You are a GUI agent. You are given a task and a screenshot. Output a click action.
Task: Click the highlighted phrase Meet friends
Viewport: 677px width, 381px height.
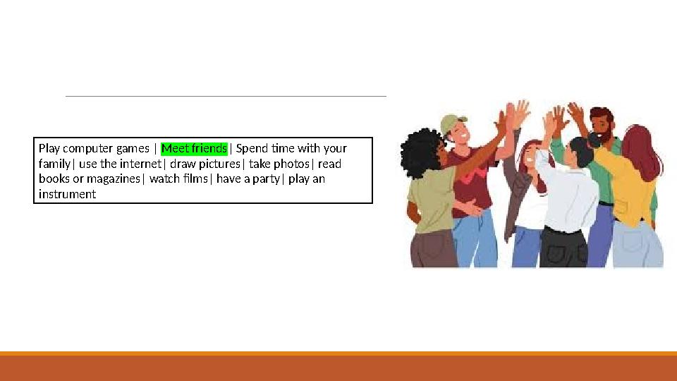[x=195, y=148]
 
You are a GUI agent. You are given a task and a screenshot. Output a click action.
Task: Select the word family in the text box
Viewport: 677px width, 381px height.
[x=54, y=164]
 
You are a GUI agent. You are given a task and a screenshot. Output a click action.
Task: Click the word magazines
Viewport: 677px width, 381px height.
[x=114, y=179]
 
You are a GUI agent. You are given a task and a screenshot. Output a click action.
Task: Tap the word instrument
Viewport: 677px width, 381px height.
[x=67, y=194]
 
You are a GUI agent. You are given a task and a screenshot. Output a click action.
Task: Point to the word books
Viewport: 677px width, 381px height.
[x=54, y=179]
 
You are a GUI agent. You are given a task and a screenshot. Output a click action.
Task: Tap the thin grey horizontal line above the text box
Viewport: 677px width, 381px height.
[x=226, y=96]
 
